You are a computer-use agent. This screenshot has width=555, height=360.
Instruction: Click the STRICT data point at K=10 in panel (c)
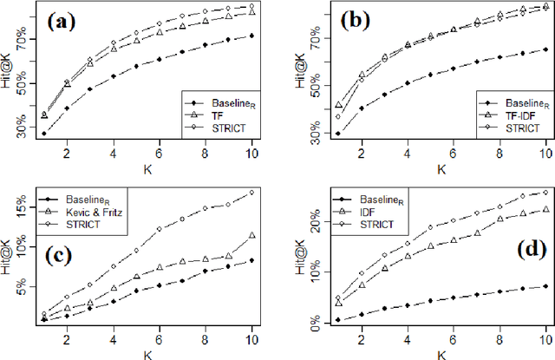(251, 193)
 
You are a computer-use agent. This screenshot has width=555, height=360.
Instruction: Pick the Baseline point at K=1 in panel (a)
(44, 134)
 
